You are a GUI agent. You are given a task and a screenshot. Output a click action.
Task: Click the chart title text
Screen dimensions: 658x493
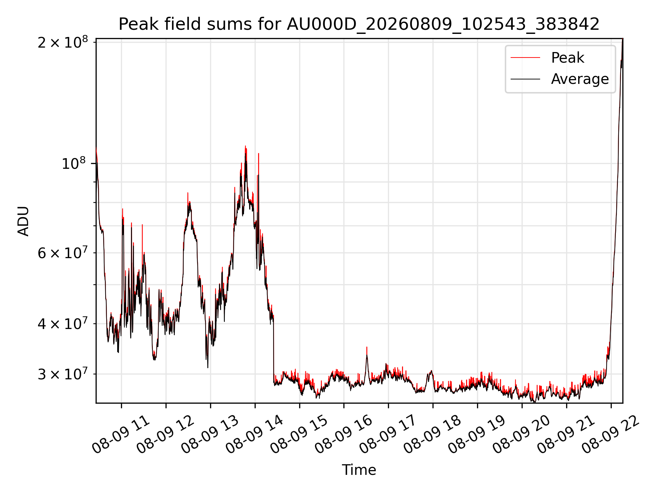tap(359, 24)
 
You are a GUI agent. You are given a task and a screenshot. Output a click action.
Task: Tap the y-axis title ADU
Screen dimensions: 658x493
tap(23, 221)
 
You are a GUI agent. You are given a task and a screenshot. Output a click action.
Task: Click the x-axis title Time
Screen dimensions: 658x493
tap(359, 470)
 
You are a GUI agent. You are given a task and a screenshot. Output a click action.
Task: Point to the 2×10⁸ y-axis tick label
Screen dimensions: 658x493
tap(62, 42)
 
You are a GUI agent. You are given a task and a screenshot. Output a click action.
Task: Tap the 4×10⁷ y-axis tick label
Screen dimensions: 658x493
tap(62, 324)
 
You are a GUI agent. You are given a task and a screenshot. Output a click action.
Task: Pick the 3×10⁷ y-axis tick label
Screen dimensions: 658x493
tap(62, 374)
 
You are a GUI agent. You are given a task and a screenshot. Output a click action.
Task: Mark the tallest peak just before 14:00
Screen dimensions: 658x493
tap(245, 147)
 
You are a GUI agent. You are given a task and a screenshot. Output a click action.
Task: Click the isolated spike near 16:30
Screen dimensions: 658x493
tap(367, 348)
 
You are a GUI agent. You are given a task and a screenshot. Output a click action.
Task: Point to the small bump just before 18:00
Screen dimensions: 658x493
tap(430, 371)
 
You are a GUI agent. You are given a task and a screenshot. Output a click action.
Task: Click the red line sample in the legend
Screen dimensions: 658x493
tap(525, 58)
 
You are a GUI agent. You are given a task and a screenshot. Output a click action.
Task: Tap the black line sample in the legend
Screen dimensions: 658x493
tap(525, 79)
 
